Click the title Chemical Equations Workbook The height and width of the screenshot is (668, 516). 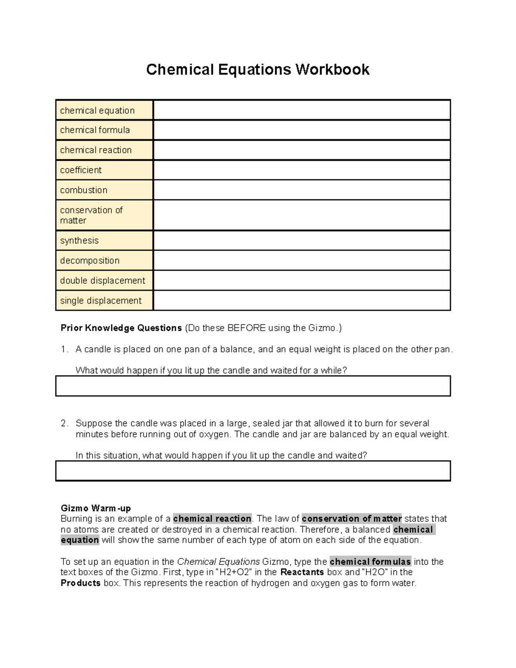point(258,70)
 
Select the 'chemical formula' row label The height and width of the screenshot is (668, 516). point(95,130)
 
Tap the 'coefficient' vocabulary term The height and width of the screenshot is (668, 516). point(81,170)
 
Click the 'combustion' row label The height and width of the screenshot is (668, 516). point(84,190)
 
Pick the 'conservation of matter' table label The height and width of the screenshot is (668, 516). point(91,215)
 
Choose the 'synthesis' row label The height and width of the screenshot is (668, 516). point(80,240)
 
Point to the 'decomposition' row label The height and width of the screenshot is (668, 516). point(90,261)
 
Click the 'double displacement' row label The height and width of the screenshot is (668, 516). point(103,280)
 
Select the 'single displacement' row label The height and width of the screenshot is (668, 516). point(101,301)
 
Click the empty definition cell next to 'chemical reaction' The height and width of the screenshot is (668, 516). point(301,150)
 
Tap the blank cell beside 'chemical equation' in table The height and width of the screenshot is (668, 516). point(301,110)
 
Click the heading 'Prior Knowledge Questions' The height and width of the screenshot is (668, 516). point(121,328)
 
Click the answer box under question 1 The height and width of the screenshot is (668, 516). point(253,386)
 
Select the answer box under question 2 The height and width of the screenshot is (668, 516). point(253,471)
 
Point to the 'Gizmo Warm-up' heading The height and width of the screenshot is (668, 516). point(96,508)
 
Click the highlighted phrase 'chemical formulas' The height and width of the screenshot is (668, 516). point(370,562)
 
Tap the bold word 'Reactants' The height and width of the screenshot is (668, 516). point(302,572)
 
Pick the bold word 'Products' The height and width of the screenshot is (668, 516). point(81,583)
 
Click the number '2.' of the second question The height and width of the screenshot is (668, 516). point(64,423)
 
